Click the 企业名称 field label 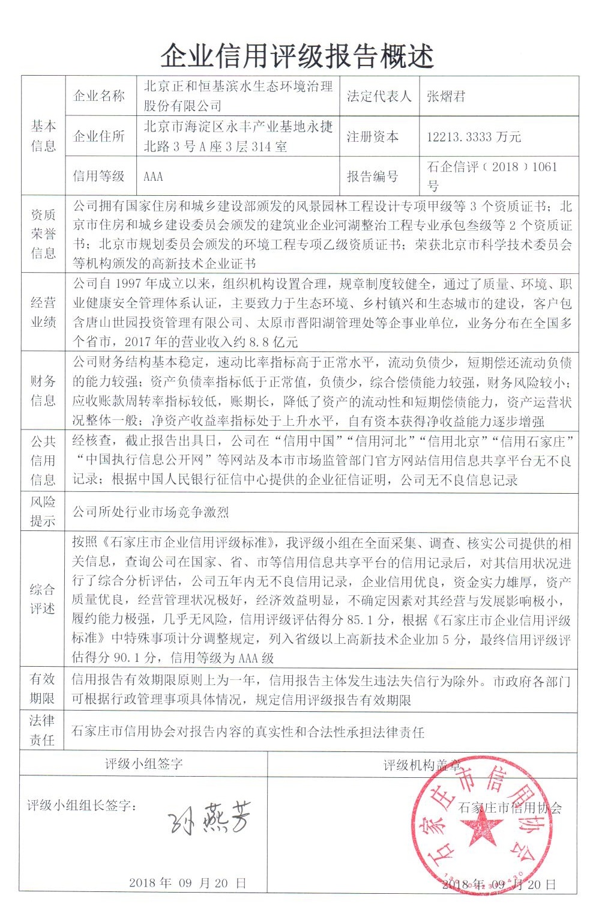click(99, 96)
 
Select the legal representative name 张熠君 click(446, 96)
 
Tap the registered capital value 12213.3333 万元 click(474, 137)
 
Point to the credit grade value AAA click(154, 177)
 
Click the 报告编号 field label click(372, 177)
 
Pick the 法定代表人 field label click(379, 96)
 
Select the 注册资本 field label click(372, 137)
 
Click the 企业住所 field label click(99, 137)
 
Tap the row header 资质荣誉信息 click(43, 234)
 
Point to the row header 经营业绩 click(43, 312)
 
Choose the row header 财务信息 click(43, 390)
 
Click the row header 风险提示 click(43, 511)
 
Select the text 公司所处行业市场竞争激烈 click(151, 512)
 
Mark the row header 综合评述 click(43, 599)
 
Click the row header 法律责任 click(43, 730)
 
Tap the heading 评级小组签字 click(143, 764)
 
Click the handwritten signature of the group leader click(207, 817)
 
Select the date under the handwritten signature click(187, 883)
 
